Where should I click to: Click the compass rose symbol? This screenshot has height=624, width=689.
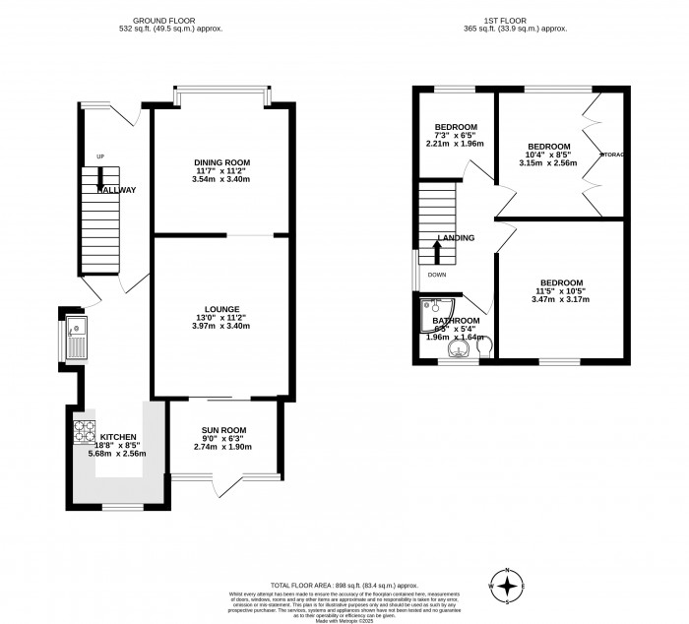tap(507, 586)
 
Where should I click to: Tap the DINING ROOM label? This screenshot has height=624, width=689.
tap(221, 162)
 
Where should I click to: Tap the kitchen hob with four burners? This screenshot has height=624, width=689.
tap(82, 430)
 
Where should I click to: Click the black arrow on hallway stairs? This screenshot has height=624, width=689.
tap(98, 178)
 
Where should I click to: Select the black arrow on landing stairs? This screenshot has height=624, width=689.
tap(436, 249)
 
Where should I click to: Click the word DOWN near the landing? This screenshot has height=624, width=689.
tap(437, 275)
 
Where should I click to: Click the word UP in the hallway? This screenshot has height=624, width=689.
tap(99, 156)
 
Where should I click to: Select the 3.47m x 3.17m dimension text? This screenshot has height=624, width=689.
tap(560, 299)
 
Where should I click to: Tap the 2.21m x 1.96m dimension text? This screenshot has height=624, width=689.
tap(455, 144)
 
